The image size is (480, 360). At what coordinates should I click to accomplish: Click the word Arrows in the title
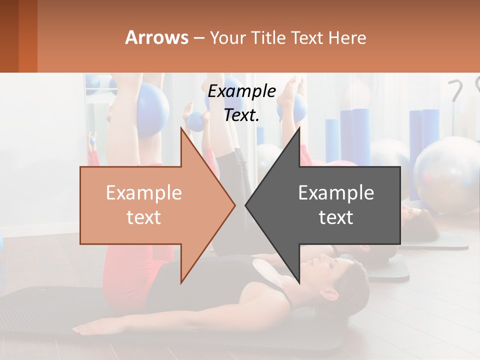pyautogui.click(x=156, y=37)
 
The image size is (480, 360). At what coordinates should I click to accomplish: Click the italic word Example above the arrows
pyautogui.click(x=241, y=91)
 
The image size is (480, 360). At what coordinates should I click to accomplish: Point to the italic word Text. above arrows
pyautogui.click(x=241, y=115)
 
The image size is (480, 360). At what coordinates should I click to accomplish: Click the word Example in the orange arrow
pyautogui.click(x=144, y=193)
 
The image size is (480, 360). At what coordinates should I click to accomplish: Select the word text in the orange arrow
pyautogui.click(x=144, y=217)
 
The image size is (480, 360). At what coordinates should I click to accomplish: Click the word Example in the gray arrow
pyautogui.click(x=336, y=193)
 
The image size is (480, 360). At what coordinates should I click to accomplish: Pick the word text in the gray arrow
pyautogui.click(x=336, y=217)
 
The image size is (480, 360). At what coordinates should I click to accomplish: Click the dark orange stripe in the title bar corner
pyautogui.click(x=27, y=36)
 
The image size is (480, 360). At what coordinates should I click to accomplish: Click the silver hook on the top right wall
pyautogui.click(x=456, y=90)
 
